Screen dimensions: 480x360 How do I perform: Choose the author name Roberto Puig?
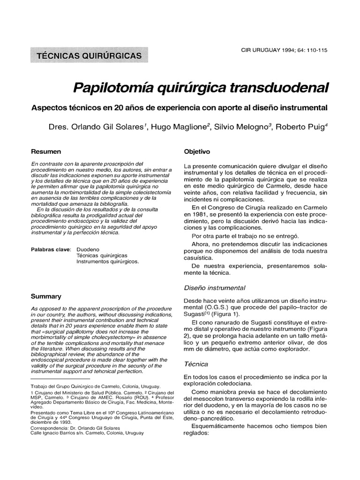pos(301,127)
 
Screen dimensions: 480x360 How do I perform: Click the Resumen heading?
pos(46,152)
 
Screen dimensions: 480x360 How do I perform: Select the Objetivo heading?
pos(197,152)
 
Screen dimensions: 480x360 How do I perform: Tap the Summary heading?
pos(46,296)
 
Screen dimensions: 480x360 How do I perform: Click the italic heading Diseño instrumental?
pos(214,287)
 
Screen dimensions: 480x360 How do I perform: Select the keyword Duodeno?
pos(88,249)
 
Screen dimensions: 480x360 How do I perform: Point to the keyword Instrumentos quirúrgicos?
pos(107,262)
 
